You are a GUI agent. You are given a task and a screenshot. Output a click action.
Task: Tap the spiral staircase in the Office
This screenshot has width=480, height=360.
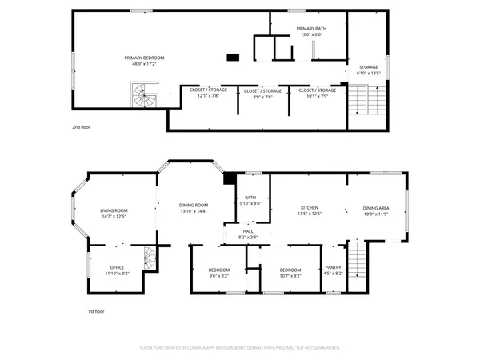[x=148, y=258]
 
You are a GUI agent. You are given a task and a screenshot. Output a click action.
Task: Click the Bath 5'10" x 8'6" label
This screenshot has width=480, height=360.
[x=250, y=200]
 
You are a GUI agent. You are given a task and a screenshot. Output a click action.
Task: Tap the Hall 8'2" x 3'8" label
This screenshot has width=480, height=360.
[x=248, y=234]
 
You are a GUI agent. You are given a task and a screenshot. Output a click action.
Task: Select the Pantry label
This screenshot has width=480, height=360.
[x=333, y=270]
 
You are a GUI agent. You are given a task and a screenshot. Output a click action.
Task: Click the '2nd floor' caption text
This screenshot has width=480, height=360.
[x=81, y=127]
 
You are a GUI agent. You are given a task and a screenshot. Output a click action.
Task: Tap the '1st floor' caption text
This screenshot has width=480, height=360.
[x=97, y=311]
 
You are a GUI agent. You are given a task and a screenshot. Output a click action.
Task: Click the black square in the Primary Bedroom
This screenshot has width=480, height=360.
[x=233, y=57]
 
